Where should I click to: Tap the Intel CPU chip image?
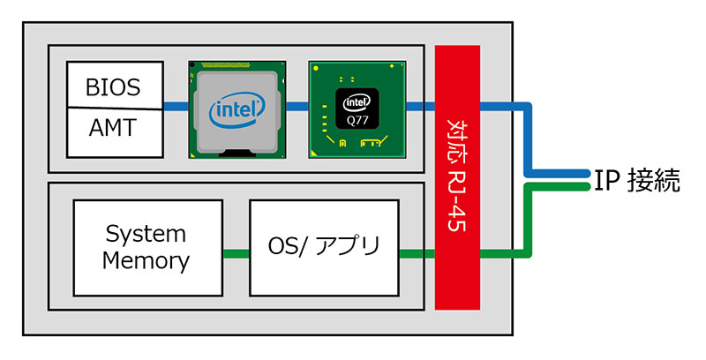pyautogui.click(x=237, y=109)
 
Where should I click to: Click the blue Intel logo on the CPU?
pyautogui.click(x=237, y=111)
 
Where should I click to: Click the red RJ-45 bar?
pyautogui.click(x=457, y=177)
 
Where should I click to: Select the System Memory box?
pyautogui.click(x=147, y=248)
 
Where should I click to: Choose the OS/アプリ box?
pyautogui.click(x=324, y=248)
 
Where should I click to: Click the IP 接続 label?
pyautogui.click(x=637, y=182)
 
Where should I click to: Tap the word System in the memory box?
pyautogui.click(x=146, y=235)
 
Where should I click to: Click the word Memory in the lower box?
pyautogui.click(x=146, y=261)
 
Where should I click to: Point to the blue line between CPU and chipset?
pyautogui.click(x=297, y=108)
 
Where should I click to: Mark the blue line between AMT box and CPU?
pyautogui.click(x=176, y=108)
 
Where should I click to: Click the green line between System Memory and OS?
pyautogui.click(x=236, y=255)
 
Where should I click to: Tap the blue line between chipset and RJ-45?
pyautogui.click(x=420, y=108)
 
